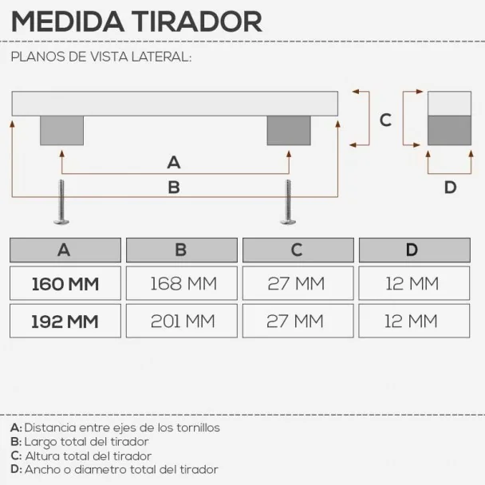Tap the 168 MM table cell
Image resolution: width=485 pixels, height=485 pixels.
click(182, 283)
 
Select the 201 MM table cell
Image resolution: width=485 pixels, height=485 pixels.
click(182, 321)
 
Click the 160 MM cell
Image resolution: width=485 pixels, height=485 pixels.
click(65, 283)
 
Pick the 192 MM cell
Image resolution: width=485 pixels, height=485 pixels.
click(65, 321)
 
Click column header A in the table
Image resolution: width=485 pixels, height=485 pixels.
click(65, 250)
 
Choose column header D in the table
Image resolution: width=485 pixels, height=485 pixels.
click(415, 250)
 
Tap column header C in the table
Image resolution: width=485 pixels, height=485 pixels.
click(298, 250)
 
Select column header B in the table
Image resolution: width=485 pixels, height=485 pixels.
click(182, 250)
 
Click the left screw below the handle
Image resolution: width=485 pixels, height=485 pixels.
click(61, 203)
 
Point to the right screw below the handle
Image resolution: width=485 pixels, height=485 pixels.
click(288, 203)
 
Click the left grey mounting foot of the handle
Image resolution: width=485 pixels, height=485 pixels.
click(62, 131)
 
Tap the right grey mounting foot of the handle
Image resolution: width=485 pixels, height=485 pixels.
click(289, 131)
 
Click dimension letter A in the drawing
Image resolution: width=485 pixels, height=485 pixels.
click(174, 163)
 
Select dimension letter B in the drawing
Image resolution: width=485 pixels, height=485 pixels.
click(174, 187)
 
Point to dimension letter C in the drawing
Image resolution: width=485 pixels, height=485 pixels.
click(385, 120)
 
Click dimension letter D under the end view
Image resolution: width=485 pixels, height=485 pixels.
click(450, 187)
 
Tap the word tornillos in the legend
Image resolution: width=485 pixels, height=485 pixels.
click(199, 428)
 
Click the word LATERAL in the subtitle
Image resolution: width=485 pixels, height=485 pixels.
click(161, 57)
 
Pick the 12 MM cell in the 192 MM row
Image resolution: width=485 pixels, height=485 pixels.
click(414, 321)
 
